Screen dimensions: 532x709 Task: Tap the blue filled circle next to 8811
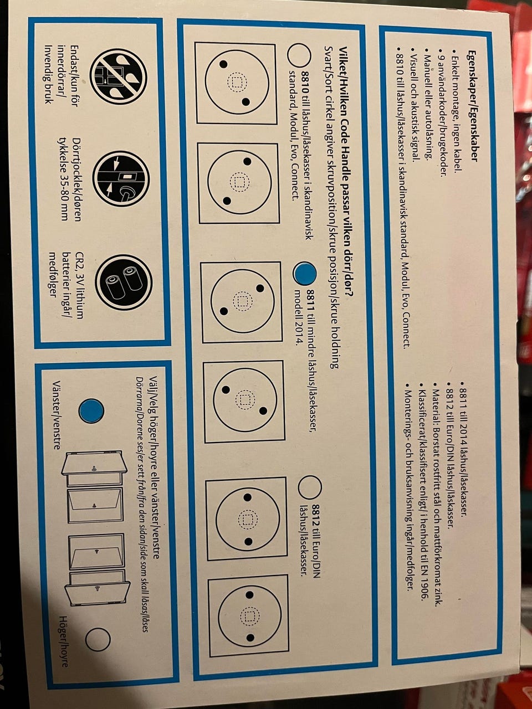coord(304,273)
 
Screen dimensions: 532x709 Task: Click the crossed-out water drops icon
coord(118,79)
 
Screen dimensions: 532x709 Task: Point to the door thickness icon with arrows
coord(121,179)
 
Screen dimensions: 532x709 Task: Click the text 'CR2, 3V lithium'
coord(79,285)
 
